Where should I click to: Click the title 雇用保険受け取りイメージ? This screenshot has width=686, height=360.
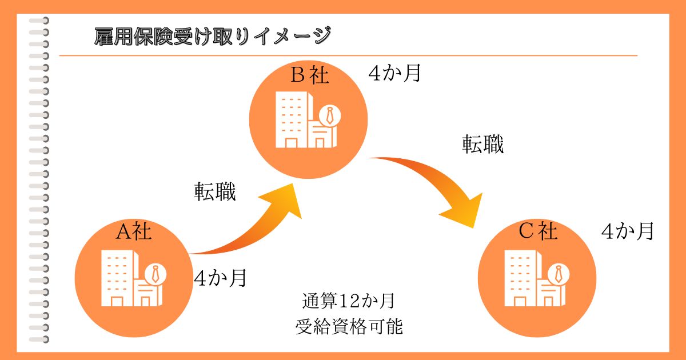212,36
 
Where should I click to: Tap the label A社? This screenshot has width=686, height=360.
134,231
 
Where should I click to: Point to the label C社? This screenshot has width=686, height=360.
537,231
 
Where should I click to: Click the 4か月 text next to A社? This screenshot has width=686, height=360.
220,278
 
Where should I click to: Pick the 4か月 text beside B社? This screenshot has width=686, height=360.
394,74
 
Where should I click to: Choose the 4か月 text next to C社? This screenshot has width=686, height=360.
627,231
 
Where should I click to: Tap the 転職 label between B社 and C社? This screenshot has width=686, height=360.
483,145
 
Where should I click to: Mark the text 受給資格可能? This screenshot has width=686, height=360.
349,327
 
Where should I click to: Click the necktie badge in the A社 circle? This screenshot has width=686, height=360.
155,274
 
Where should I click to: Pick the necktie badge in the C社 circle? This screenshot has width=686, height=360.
558,274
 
